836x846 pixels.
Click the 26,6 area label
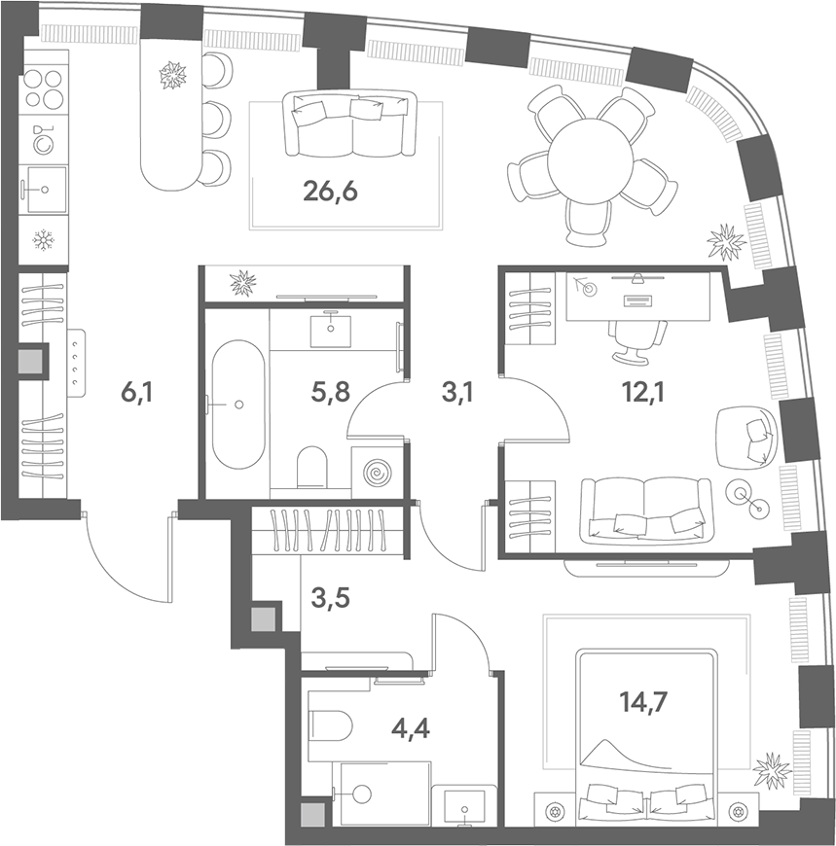click(331, 193)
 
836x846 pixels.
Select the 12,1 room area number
click(643, 392)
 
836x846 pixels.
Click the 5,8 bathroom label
click(331, 392)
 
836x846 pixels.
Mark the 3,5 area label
click(331, 598)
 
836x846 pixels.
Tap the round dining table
click(590, 160)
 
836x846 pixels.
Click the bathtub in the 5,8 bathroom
click(238, 405)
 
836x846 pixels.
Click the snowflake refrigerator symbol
click(43, 240)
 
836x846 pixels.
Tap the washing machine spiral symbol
click(377, 474)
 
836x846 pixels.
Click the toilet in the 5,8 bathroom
click(312, 466)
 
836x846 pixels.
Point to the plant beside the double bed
click(773, 770)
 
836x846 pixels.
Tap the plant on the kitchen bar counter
click(173, 75)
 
